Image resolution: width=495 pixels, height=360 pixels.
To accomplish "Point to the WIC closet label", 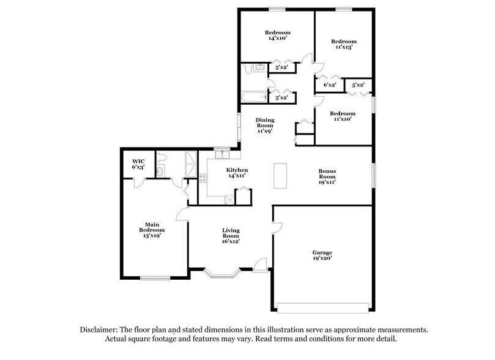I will click(138, 162).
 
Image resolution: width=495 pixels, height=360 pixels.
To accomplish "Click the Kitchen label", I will click(236, 170).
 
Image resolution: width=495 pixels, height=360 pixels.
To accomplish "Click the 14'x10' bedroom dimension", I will click(277, 38).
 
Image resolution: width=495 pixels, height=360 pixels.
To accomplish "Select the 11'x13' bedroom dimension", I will click(343, 47).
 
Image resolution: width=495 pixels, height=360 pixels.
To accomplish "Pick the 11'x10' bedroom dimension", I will click(343, 119).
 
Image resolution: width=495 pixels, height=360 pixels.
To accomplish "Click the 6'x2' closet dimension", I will click(329, 85).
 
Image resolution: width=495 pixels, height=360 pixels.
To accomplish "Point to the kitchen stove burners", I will click(203, 179).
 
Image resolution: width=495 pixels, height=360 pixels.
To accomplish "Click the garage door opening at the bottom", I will click(322, 306).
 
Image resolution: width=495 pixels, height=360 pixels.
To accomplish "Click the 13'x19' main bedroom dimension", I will click(152, 234).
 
